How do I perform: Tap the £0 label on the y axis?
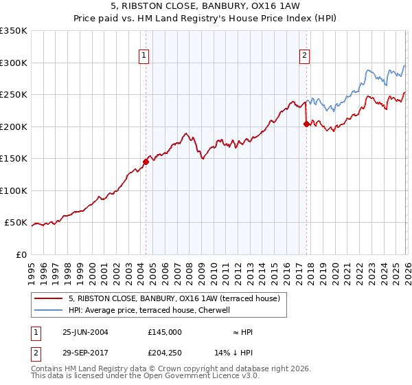(21, 255)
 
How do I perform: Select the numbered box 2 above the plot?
(304, 57)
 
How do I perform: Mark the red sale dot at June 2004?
(146, 162)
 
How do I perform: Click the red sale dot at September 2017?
(306, 124)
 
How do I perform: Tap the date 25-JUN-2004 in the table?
(85, 332)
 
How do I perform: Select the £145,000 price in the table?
(165, 332)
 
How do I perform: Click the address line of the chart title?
(206, 7)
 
